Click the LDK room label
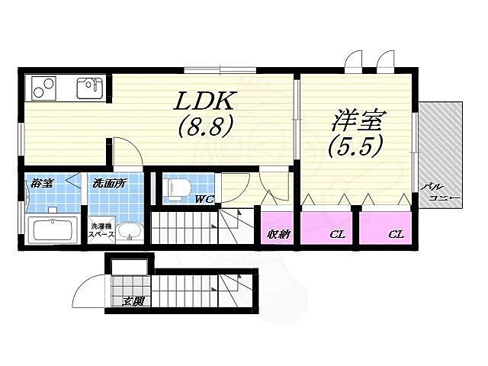point(204,101)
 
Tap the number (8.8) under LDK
point(204,126)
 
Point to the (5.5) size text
point(355,146)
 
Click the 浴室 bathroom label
point(41,184)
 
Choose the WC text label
point(204,201)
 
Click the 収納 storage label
point(279,234)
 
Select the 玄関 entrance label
point(133,301)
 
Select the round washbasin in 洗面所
point(130,232)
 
